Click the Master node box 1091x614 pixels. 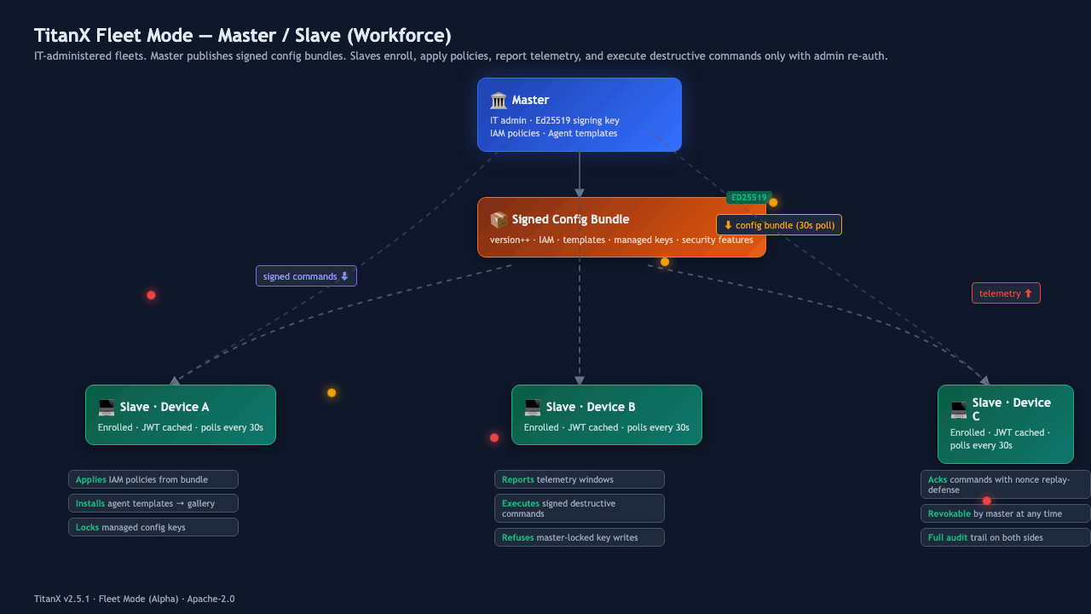tap(579, 114)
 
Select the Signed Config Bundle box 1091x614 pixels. tap(621, 227)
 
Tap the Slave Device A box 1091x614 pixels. tap(180, 414)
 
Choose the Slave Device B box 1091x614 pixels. tap(606, 414)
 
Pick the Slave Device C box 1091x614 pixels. tap(1005, 424)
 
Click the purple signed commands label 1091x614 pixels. tap(306, 276)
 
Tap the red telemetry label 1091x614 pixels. tap(1006, 293)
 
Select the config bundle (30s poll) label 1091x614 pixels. tap(779, 225)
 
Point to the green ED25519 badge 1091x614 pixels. tap(748, 197)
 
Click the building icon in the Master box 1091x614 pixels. tap(499, 101)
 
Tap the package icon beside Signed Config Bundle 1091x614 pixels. tap(499, 220)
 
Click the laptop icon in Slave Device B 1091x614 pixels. tap(533, 408)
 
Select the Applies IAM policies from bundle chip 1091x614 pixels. tap(153, 479)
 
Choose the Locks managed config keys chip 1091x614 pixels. tap(153, 527)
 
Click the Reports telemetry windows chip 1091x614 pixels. tap(579, 479)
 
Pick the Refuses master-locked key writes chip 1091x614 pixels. tap(579, 537)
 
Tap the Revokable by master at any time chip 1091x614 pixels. tap(1005, 513)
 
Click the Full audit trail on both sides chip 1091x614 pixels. tap(1005, 537)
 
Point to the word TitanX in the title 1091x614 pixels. tap(62, 36)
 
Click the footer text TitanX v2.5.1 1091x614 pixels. tap(62, 599)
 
